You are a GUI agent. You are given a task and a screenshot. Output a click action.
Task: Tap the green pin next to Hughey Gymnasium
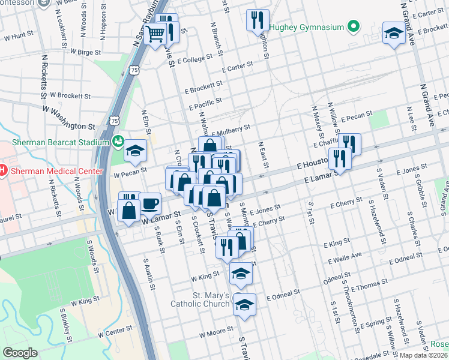pos(354,27)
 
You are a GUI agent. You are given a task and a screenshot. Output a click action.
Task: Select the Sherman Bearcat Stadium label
pos(59,143)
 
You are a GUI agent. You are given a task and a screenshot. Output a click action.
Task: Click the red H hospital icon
pos(2,170)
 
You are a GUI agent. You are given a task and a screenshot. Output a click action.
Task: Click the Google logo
pos(20,353)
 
